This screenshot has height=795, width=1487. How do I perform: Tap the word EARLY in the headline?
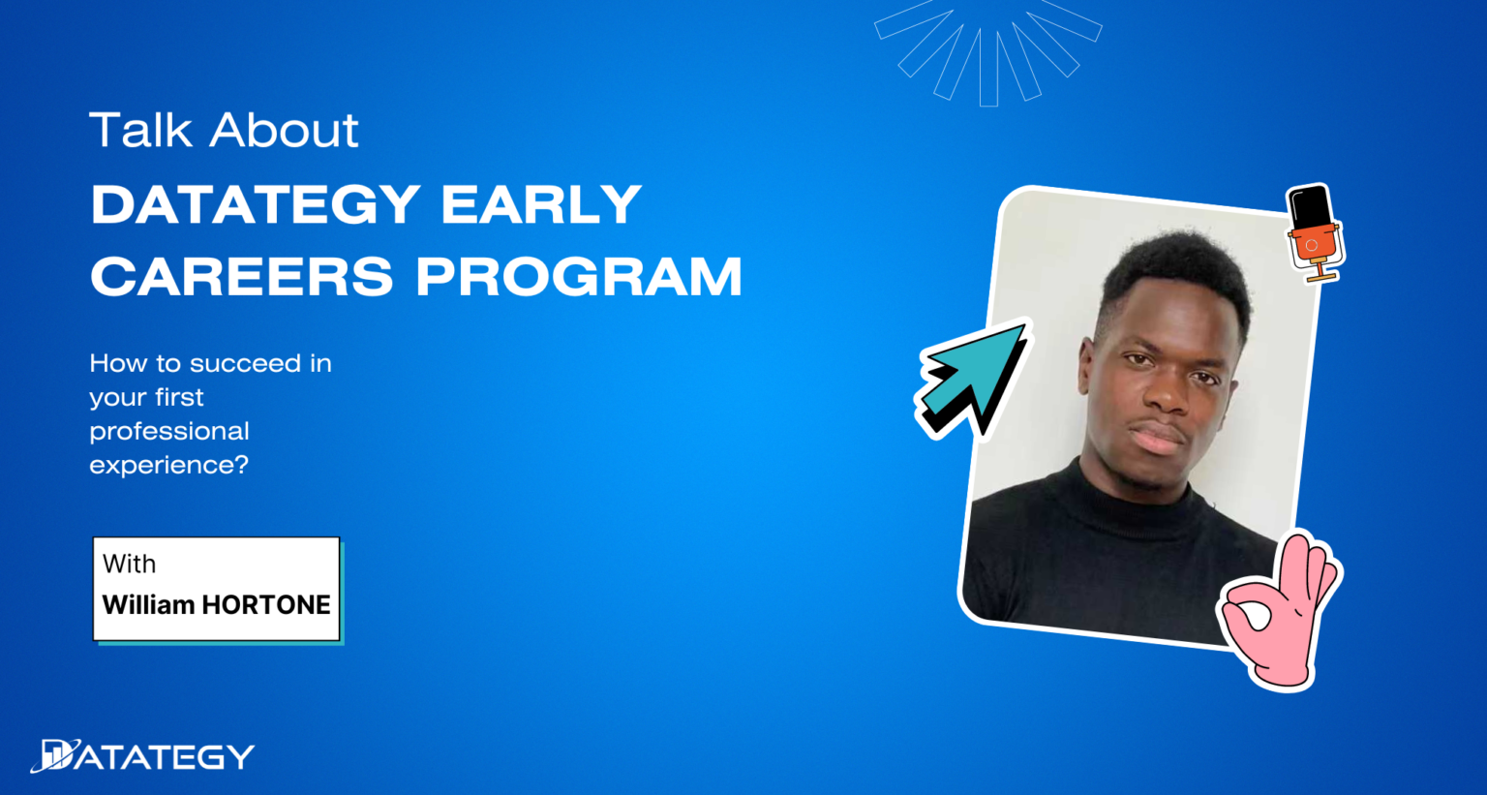[541, 204]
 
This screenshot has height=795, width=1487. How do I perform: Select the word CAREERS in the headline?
[242, 277]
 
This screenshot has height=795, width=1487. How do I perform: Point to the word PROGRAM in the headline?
[579, 277]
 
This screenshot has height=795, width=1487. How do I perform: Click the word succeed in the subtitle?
[245, 363]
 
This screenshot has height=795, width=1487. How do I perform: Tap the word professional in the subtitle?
[169, 431]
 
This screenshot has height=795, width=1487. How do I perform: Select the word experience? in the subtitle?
[168, 465]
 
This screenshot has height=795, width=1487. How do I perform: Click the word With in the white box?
[129, 564]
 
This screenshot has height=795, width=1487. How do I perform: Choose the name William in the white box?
[148, 604]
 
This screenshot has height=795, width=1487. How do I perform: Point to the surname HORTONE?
[266, 604]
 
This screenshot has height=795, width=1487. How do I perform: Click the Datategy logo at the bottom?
[142, 756]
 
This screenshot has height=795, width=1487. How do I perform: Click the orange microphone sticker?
[1313, 232]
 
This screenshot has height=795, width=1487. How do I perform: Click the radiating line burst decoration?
[987, 48]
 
